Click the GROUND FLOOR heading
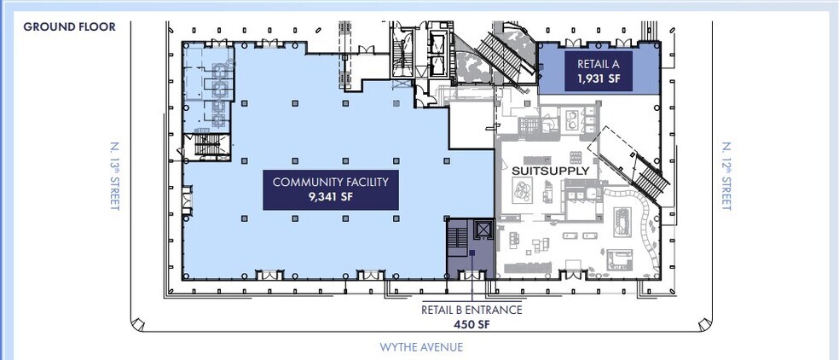pyautogui.click(x=70, y=26)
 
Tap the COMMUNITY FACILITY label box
pyautogui.click(x=331, y=189)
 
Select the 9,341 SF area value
pyautogui.click(x=331, y=196)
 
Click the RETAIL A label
pyautogui.click(x=599, y=64)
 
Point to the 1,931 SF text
pyautogui.click(x=599, y=78)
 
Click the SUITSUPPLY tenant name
pyautogui.click(x=550, y=171)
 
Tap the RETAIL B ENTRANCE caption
pyautogui.click(x=472, y=310)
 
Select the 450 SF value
pyautogui.click(x=472, y=323)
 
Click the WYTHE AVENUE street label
pyautogui.click(x=421, y=346)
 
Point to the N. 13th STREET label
pyautogui.click(x=114, y=176)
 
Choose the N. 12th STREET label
pyautogui.click(x=726, y=176)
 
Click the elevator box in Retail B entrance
pyautogui.click(x=483, y=229)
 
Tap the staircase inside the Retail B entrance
pyautogui.click(x=457, y=236)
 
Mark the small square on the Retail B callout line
pyautogui.click(x=472, y=253)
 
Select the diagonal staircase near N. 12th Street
pyautogui.click(x=632, y=164)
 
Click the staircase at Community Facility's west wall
pyautogui.click(x=207, y=145)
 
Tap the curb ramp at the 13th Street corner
pyautogui.click(x=138, y=323)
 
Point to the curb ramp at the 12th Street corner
pyautogui.click(x=704, y=323)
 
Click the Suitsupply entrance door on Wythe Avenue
pyautogui.click(x=573, y=275)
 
